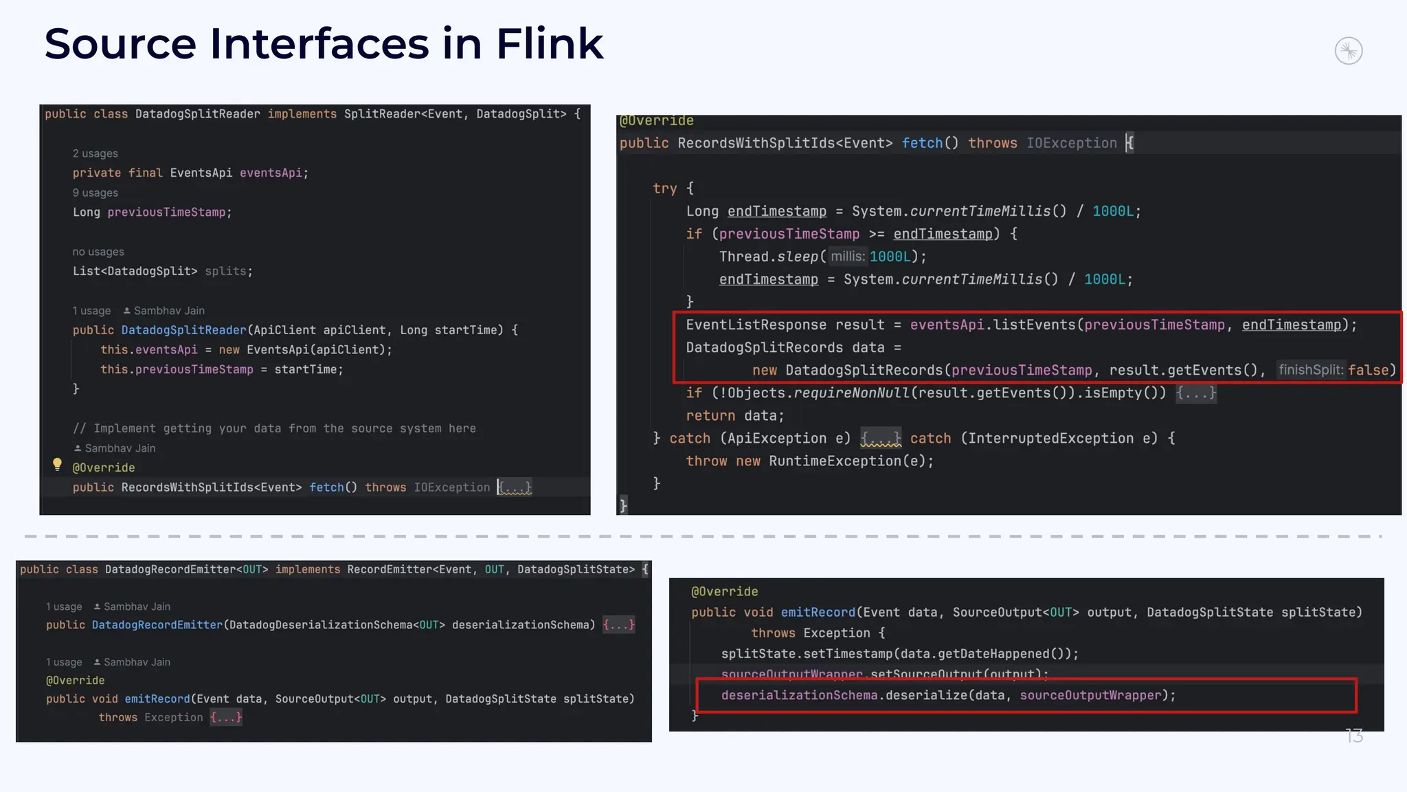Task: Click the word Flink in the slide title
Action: (x=549, y=44)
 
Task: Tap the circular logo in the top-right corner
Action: (x=1348, y=51)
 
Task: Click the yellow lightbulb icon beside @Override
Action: (x=58, y=465)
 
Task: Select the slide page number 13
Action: (x=1353, y=736)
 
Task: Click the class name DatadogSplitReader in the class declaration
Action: (x=197, y=114)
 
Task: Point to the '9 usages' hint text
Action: (x=95, y=193)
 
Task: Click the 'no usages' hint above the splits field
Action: (x=98, y=252)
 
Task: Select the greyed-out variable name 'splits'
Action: (x=225, y=272)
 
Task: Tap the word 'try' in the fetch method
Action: (x=664, y=189)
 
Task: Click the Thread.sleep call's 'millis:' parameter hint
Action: (x=847, y=257)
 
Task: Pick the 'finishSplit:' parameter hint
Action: (x=1310, y=371)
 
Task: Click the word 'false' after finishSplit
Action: (x=1368, y=371)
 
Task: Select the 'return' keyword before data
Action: (x=710, y=416)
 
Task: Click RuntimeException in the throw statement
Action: (x=834, y=461)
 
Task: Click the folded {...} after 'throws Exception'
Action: (x=226, y=718)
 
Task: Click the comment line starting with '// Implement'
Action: (x=274, y=429)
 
